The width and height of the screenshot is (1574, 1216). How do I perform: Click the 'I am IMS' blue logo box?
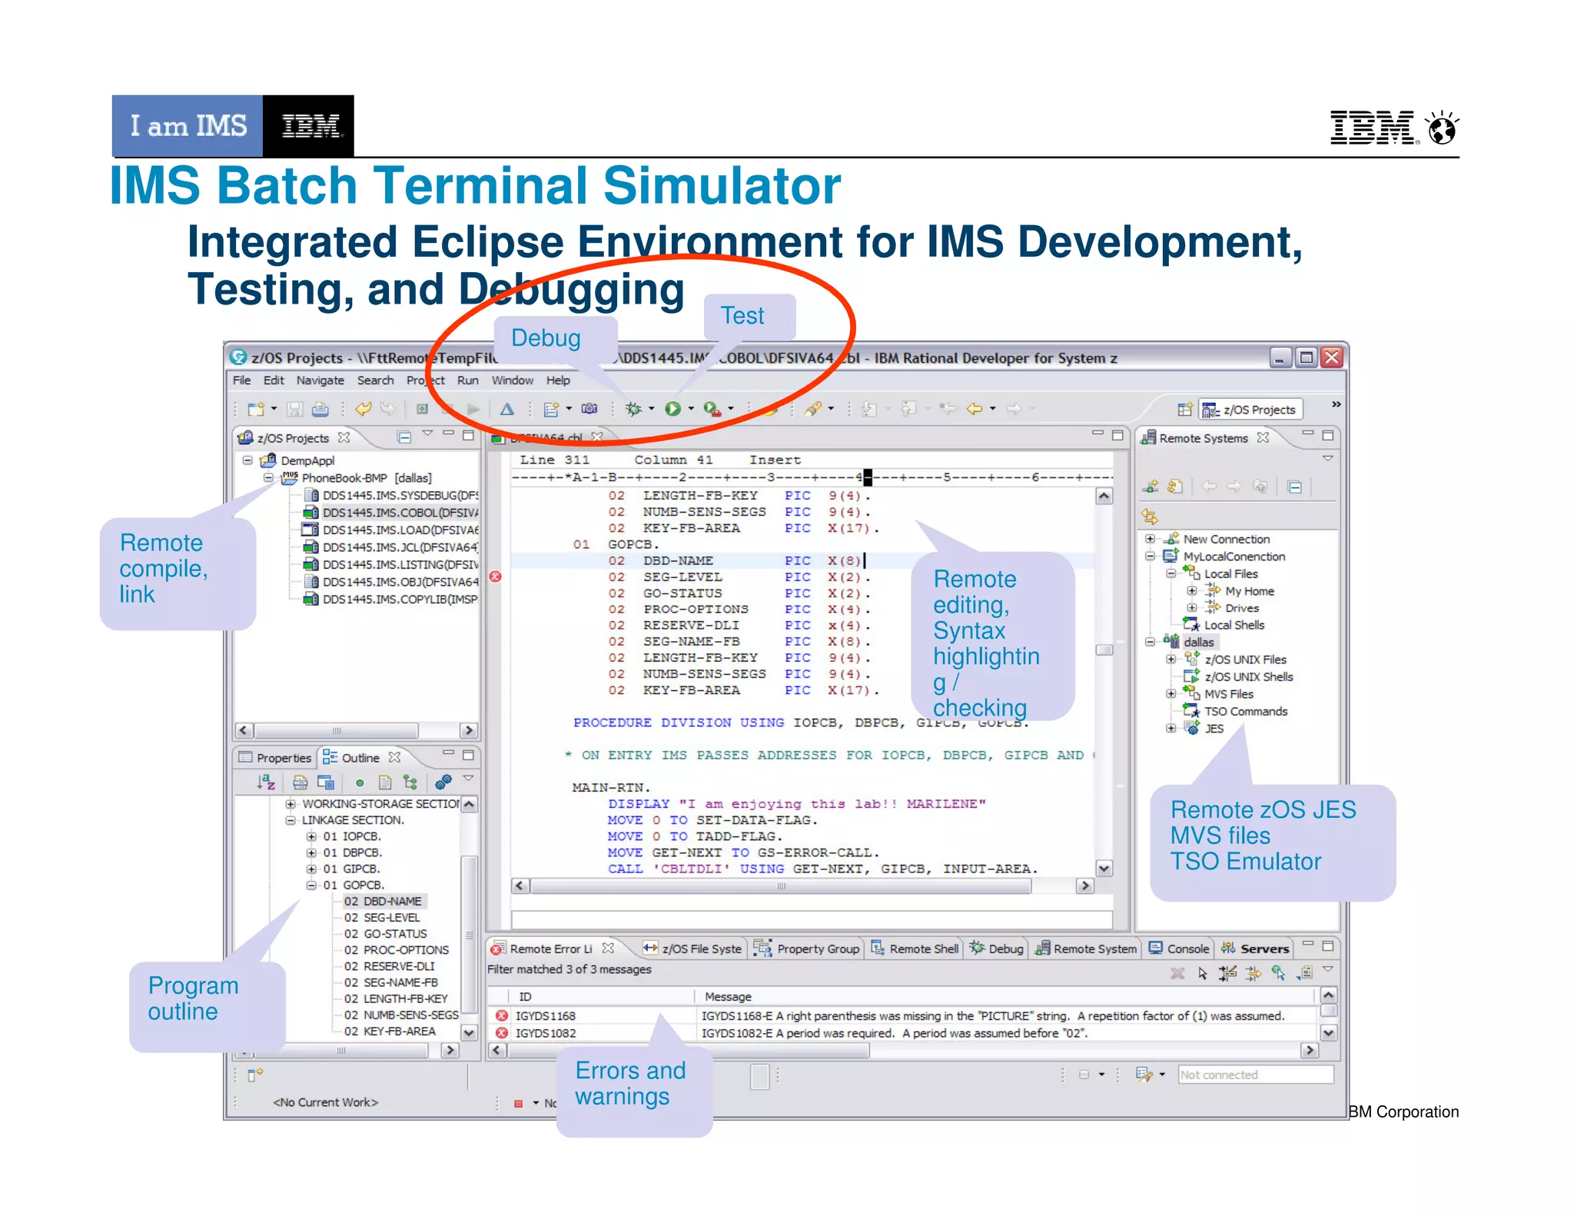click(188, 125)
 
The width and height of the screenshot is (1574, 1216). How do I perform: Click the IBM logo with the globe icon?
click(1393, 128)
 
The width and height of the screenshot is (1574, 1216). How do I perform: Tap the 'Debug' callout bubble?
click(546, 338)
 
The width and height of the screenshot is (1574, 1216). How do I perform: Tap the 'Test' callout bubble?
click(742, 316)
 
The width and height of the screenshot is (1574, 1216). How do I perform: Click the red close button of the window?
click(1332, 357)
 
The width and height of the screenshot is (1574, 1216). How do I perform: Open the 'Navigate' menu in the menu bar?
click(320, 380)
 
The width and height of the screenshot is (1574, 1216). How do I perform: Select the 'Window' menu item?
click(512, 380)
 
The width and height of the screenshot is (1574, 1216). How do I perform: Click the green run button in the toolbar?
click(672, 409)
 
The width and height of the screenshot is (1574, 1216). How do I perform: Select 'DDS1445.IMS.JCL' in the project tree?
click(400, 547)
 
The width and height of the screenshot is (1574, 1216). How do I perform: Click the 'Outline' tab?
click(360, 758)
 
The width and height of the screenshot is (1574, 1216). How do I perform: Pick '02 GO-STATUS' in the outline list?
click(395, 934)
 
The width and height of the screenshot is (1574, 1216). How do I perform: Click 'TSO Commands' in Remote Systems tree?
click(1245, 712)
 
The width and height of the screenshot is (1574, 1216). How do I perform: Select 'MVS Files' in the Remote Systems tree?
click(1228, 694)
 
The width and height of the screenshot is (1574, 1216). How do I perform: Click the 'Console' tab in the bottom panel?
click(1187, 949)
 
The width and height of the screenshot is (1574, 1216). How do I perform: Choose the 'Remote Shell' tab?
click(923, 949)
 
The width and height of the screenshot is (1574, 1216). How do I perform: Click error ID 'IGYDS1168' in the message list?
click(546, 1016)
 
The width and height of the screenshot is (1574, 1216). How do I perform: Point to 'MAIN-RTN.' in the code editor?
click(611, 788)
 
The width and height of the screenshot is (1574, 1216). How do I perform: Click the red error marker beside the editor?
click(496, 576)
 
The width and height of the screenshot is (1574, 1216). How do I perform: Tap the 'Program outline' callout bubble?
click(194, 998)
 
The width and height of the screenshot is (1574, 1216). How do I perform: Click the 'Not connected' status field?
click(1254, 1075)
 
